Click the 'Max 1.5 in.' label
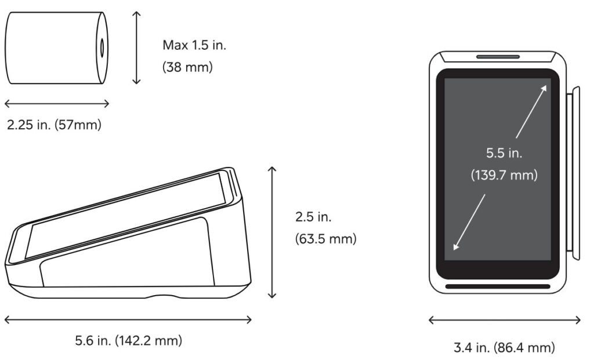[194, 45]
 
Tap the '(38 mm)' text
[187, 67]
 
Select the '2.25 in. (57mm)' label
[54, 125]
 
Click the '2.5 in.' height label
[313, 217]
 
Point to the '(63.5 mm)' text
[326, 239]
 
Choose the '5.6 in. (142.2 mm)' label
[128, 340]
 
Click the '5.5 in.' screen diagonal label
[504, 153]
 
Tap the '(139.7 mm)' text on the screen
[504, 175]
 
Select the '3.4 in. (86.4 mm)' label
[504, 347]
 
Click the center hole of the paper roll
[102, 48]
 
